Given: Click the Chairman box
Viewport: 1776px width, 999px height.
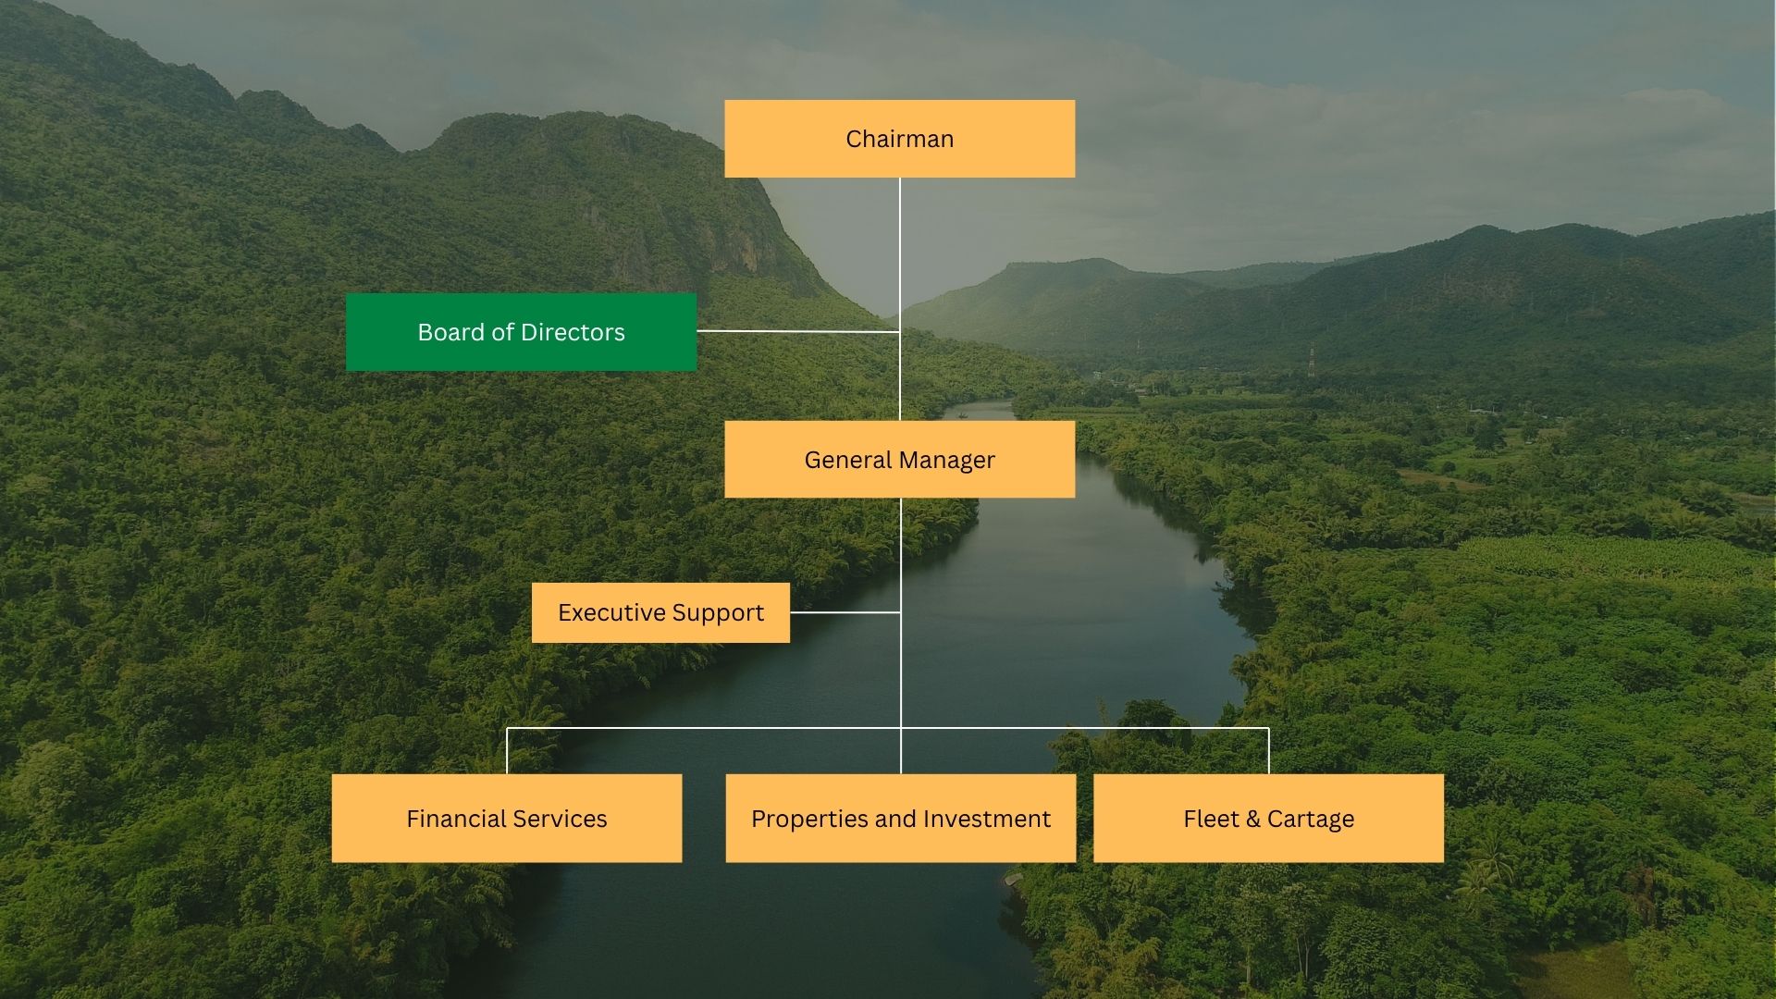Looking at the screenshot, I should [899, 139].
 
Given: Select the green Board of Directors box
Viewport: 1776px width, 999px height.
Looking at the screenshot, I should [521, 332].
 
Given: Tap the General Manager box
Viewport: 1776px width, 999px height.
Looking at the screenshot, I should [899, 460].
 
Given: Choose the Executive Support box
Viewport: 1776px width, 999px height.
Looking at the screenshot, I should [660, 612].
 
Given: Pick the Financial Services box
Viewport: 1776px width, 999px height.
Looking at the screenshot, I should [507, 819].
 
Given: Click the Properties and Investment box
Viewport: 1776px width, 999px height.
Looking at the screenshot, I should [900, 819].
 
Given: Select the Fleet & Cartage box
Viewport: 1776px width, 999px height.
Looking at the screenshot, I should [1268, 819].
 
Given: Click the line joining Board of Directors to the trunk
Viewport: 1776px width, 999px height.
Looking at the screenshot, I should [797, 330].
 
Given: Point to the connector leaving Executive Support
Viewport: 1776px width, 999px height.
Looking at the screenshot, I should [845, 612].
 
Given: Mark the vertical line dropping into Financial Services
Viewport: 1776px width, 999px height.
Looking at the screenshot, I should [507, 751].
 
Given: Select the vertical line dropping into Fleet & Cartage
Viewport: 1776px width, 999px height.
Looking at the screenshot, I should [1268, 751].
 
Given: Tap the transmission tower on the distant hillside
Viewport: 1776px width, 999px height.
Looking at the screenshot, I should [1312, 361].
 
